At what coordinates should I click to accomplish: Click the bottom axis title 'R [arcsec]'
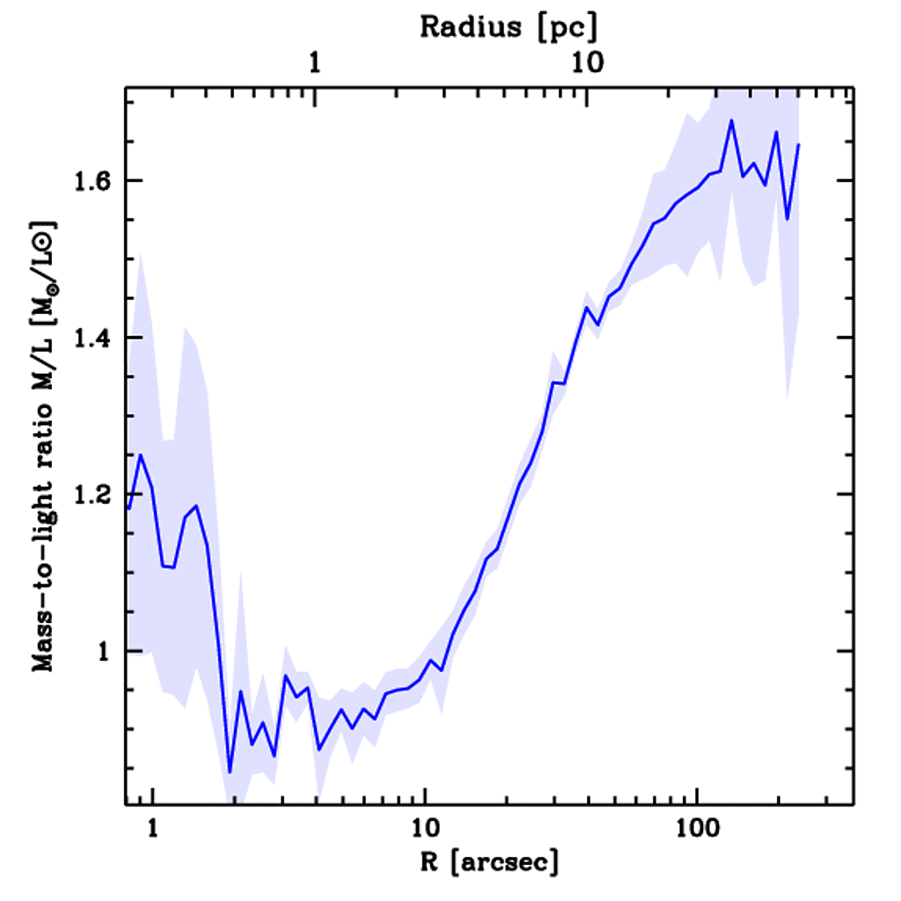point(477,863)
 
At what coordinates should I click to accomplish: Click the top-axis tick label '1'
point(315,63)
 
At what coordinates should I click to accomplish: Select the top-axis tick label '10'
point(587,63)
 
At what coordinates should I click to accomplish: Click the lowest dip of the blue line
point(230,772)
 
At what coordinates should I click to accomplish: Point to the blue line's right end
point(798,144)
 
